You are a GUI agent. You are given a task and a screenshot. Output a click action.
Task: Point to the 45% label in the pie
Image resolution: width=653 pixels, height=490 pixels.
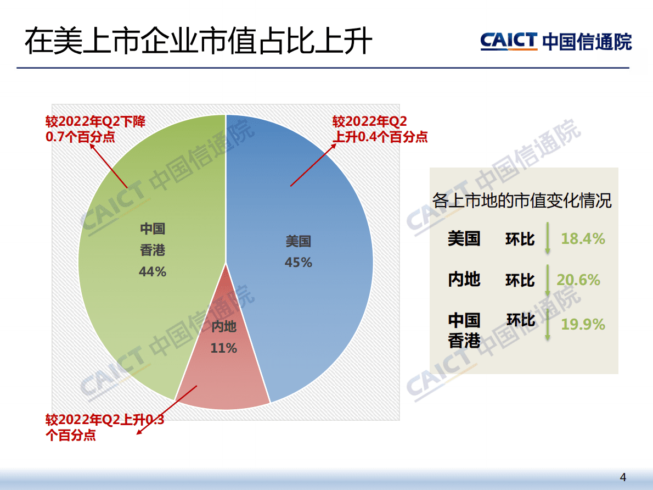(x=298, y=263)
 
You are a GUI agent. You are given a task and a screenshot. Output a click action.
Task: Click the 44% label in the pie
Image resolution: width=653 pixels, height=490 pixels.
(x=153, y=271)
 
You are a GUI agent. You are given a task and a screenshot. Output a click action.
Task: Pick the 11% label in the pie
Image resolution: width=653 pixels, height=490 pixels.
(x=223, y=348)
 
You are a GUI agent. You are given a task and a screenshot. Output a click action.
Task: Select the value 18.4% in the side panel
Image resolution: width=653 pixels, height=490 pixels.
(x=583, y=239)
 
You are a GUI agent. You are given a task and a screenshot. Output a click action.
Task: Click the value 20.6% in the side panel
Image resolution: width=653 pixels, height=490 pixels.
(x=578, y=280)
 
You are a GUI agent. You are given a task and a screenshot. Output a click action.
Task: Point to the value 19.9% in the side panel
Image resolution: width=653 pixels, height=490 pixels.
(x=583, y=325)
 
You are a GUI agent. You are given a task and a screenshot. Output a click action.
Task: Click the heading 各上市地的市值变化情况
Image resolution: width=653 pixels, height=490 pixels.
(x=522, y=201)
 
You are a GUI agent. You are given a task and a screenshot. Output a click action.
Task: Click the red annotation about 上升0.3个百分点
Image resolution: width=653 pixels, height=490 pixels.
(x=104, y=428)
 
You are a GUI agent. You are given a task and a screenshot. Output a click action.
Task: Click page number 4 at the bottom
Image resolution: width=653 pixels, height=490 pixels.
(x=622, y=476)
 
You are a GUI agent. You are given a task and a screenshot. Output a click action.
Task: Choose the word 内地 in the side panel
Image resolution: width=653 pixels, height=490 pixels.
(x=464, y=280)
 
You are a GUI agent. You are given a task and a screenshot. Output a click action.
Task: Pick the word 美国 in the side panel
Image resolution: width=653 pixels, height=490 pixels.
(x=464, y=239)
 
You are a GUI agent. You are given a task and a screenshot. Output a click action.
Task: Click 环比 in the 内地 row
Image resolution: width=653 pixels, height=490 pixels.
(x=520, y=280)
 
